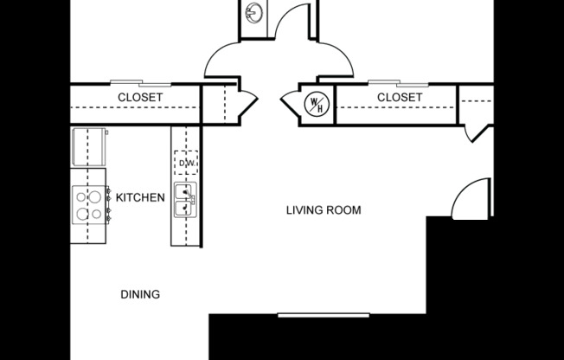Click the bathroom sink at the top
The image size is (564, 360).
pos(253,14)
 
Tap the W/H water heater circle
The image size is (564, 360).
pos(315,104)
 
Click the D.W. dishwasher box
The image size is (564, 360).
pos(186,161)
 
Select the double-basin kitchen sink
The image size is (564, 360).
pos(185,201)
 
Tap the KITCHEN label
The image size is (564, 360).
pos(140,198)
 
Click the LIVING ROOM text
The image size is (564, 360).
pos(323,210)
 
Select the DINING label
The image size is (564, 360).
pos(139,294)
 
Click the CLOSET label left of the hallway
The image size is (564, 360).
pos(139,98)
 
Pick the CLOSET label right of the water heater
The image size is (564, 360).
pos(400,98)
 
